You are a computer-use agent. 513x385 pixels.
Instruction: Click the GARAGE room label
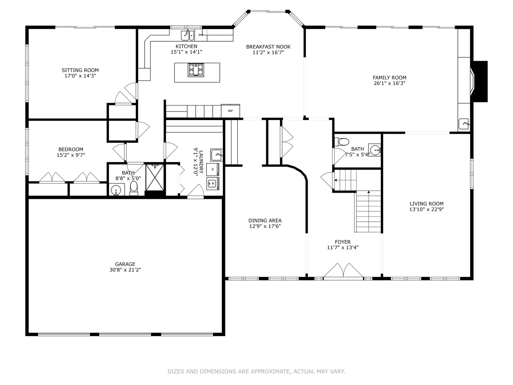point(125,264)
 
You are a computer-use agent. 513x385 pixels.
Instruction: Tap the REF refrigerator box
point(230,111)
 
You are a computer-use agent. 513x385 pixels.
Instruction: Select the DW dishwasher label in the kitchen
point(201,35)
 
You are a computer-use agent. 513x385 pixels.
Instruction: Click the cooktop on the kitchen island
point(196,70)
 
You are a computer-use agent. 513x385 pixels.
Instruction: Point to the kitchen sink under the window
point(187,35)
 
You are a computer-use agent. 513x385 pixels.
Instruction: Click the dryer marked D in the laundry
point(213,169)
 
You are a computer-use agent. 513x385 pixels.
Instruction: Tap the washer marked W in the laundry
point(213,183)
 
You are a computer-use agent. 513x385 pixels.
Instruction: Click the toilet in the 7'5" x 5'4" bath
point(342,142)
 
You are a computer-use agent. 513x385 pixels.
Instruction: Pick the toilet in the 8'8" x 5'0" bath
point(134,188)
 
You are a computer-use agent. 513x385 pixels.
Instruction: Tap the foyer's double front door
point(343,271)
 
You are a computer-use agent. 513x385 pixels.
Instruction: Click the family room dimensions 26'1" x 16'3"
point(389,83)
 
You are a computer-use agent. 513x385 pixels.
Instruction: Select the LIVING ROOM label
point(426,204)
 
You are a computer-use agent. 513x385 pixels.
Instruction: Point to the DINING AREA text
point(265,220)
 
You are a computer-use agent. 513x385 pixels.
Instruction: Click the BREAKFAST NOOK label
point(268,47)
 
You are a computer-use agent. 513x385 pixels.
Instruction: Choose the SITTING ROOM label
point(80,70)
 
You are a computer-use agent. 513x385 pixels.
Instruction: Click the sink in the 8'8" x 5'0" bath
point(116,190)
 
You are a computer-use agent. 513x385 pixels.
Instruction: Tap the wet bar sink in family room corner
point(464,124)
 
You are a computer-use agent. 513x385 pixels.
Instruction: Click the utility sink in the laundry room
point(217,155)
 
